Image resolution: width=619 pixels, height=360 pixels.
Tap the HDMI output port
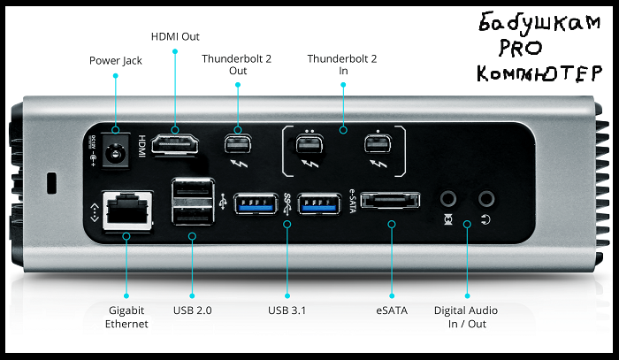point(174,144)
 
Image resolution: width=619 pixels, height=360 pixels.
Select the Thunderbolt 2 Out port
point(237,144)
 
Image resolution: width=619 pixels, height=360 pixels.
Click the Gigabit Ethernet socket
point(125,212)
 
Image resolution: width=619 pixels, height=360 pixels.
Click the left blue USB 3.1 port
point(257,203)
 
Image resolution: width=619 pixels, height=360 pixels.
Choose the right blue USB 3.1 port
point(319,203)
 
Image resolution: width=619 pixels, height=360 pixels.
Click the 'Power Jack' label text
point(115,61)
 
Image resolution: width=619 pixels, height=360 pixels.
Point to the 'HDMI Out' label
point(176,36)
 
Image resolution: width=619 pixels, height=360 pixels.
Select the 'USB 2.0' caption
point(191,310)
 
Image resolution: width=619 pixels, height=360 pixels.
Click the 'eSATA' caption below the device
point(391,310)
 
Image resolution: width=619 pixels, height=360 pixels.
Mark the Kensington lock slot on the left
point(50,184)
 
